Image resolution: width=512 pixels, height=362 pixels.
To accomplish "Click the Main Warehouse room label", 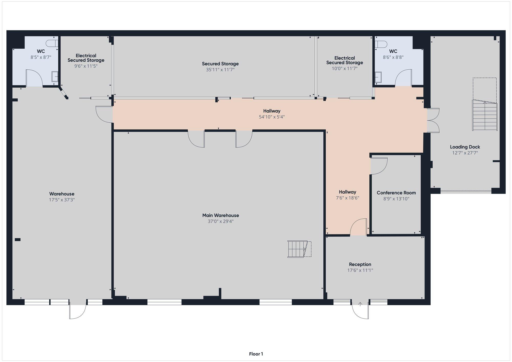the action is (220, 215).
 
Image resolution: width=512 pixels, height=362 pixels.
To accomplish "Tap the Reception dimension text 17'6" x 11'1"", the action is (360, 270).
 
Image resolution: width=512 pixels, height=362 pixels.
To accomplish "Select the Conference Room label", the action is (396, 193).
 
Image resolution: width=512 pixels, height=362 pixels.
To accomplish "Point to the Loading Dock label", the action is (465, 147).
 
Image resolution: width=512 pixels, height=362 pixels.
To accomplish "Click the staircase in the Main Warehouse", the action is (299, 249).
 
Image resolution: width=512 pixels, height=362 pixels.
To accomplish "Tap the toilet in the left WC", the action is (52, 43).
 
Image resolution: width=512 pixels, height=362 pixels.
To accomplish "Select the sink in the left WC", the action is (55, 76).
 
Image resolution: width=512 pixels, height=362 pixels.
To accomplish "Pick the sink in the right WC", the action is (378, 77).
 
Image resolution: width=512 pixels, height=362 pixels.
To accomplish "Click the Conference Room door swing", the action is (379, 166).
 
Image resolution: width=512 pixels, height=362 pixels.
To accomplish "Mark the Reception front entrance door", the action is (360, 310).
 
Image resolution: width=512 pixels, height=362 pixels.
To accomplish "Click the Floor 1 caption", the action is (256, 354).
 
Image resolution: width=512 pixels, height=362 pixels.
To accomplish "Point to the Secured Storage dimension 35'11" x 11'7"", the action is (220, 70).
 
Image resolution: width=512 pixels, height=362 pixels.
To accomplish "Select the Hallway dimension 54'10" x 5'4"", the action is (272, 117).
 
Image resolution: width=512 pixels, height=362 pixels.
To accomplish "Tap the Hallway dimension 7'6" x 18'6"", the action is (347, 198).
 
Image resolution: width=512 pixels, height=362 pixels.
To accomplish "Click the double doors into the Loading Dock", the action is (433, 120).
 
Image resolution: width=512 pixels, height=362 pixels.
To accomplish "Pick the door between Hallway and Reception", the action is (358, 227).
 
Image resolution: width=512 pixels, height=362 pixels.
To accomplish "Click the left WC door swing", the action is (34, 78).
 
